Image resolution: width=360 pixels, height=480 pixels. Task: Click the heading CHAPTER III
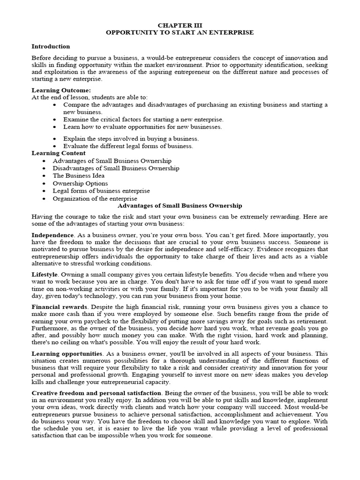point(180,25)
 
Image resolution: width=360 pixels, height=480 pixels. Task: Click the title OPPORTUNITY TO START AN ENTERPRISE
point(180,32)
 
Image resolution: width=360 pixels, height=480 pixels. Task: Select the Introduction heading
point(51,46)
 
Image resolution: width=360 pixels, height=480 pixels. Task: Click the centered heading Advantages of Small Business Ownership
point(180,206)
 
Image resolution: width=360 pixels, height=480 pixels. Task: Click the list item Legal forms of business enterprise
point(101,191)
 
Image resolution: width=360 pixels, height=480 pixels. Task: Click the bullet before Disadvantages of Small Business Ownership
point(44,168)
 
